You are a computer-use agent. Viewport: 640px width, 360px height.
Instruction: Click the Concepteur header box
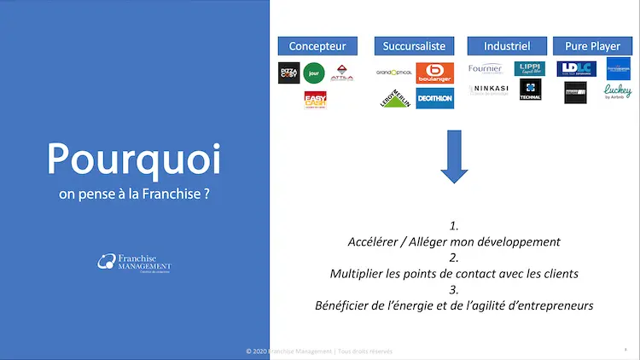click(x=317, y=45)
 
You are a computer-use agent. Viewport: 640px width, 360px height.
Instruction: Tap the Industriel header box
click(x=507, y=45)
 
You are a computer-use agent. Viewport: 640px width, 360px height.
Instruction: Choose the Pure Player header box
click(x=593, y=45)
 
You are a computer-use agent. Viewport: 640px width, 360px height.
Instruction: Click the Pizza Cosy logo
click(x=288, y=73)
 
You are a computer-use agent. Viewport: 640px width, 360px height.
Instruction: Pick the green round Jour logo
click(x=315, y=73)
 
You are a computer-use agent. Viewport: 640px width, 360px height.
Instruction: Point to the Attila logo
click(x=341, y=72)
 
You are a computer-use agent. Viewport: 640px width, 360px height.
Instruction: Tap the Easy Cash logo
click(x=316, y=100)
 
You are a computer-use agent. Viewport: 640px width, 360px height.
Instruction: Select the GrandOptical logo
click(x=394, y=73)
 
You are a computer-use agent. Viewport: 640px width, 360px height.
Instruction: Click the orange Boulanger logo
click(x=434, y=73)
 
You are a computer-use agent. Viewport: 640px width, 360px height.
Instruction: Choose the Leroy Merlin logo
click(x=394, y=99)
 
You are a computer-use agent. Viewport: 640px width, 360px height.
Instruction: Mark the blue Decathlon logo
click(x=434, y=98)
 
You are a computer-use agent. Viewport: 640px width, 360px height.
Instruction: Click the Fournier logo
click(x=486, y=69)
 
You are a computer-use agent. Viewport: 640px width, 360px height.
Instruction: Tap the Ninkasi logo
click(x=488, y=90)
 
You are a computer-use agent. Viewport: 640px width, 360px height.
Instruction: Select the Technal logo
click(x=530, y=90)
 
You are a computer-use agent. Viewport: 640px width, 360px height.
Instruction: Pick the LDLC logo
click(x=574, y=69)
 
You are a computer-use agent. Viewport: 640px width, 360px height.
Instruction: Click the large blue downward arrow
click(x=455, y=157)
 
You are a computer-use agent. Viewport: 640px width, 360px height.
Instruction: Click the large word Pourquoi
click(x=133, y=159)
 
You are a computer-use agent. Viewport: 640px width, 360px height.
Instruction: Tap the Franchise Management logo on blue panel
click(x=134, y=264)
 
